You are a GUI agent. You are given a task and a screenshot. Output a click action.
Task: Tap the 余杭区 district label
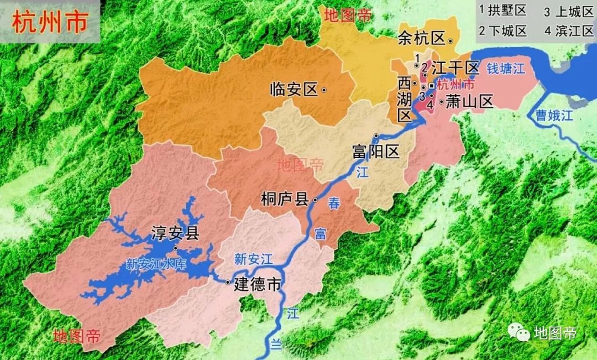(421, 38)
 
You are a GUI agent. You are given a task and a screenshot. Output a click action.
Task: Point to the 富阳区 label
(375, 152)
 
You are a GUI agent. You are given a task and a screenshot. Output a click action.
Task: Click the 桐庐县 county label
(284, 199)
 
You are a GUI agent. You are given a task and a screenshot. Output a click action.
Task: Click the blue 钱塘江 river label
(505, 69)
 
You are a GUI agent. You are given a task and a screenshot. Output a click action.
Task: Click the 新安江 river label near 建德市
(253, 258)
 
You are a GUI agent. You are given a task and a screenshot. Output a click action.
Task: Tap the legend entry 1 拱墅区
(502, 11)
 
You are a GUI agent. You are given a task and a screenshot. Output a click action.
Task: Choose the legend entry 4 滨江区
(568, 30)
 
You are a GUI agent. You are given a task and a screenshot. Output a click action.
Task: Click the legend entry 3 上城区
(568, 11)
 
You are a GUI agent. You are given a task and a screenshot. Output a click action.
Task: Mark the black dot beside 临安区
(324, 90)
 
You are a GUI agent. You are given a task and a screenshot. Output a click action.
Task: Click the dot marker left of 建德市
(227, 283)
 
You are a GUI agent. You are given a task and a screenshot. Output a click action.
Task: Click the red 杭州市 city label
(455, 85)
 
